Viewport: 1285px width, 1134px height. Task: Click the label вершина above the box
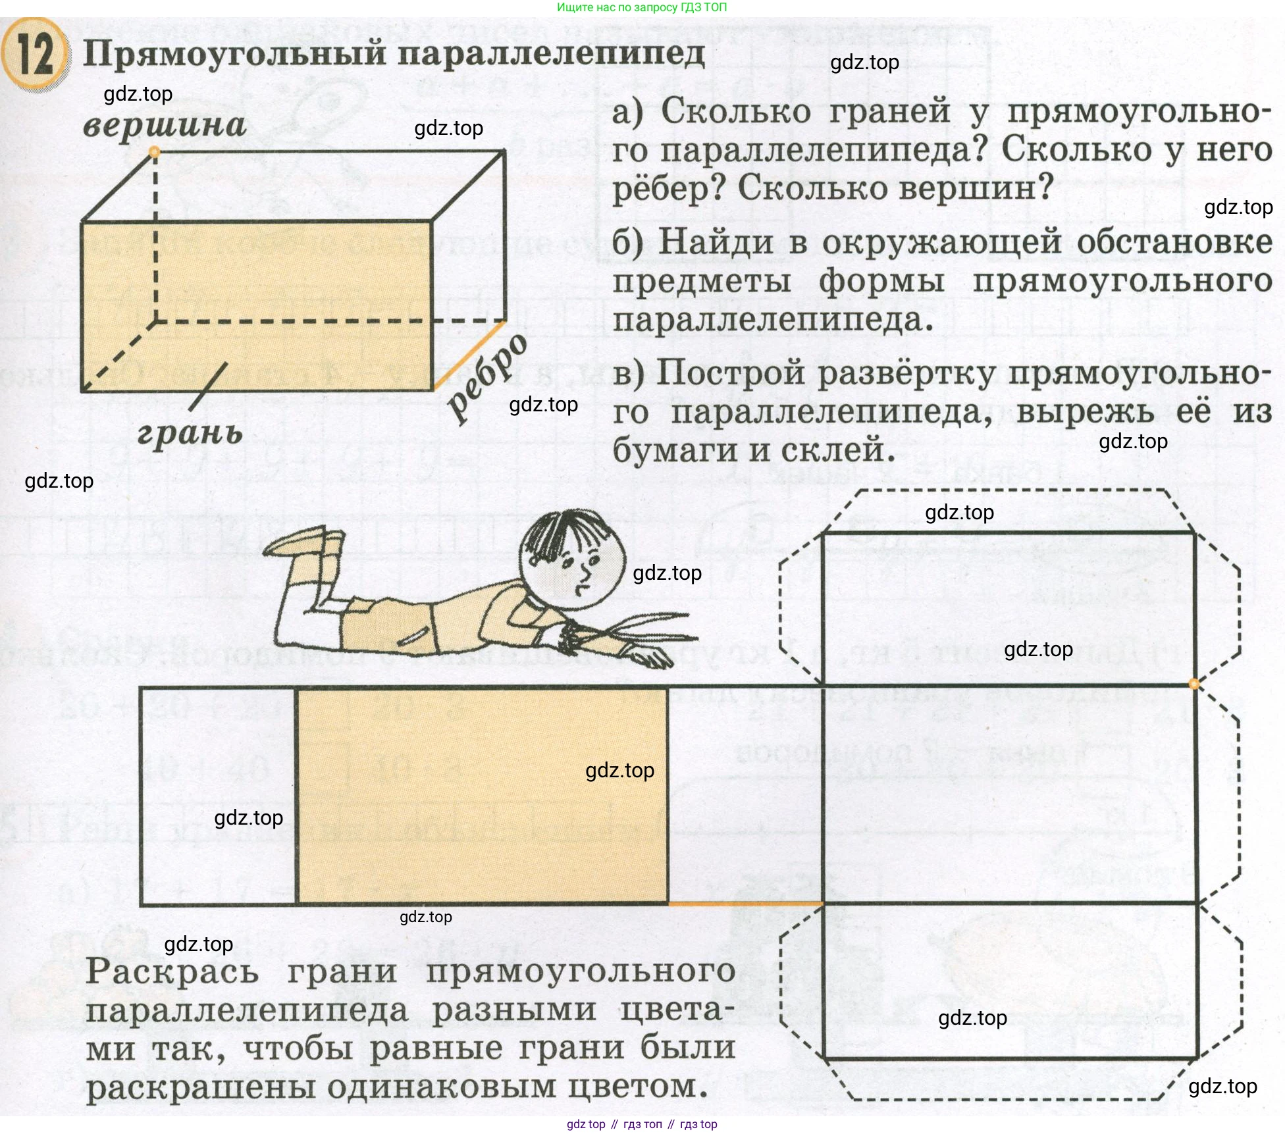pyautogui.click(x=165, y=125)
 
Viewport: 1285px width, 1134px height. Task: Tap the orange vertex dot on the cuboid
pyautogui.click(x=155, y=153)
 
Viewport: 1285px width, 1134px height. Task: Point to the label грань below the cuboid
pyautogui.click(x=190, y=433)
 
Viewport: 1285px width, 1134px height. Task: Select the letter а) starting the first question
pyautogui.click(x=627, y=112)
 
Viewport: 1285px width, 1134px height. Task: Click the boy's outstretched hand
pyautogui.click(x=648, y=656)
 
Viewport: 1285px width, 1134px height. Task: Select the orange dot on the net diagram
pyautogui.click(x=1194, y=684)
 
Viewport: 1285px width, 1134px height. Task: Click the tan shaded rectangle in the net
pyautogui.click(x=483, y=795)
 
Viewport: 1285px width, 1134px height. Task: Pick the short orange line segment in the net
pyautogui.click(x=745, y=904)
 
